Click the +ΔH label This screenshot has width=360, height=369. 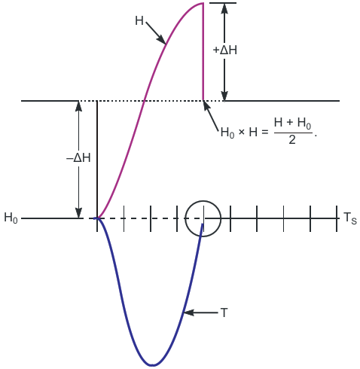point(224,50)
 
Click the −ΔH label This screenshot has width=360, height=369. point(78,158)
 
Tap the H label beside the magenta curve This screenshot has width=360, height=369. point(139,20)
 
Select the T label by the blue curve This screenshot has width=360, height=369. point(224,313)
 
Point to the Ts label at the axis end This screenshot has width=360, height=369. point(349,218)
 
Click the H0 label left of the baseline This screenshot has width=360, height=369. point(11,218)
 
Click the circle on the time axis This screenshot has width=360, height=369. point(203,200)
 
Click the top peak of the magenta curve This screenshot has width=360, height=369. point(203,3)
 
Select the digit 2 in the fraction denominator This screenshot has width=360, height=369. point(292,140)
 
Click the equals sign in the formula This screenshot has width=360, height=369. point(265,133)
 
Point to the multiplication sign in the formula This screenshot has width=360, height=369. point(242,132)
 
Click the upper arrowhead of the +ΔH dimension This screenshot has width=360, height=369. point(224,8)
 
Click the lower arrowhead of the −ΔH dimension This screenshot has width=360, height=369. point(79,213)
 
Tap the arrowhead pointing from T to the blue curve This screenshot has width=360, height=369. point(189,313)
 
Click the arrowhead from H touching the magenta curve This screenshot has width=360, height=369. point(161,40)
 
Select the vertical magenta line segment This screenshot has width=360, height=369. point(203,52)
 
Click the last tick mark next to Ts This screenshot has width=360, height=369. point(337,218)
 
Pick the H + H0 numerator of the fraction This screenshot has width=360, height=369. point(293,123)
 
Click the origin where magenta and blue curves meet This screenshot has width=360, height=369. point(97,218)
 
